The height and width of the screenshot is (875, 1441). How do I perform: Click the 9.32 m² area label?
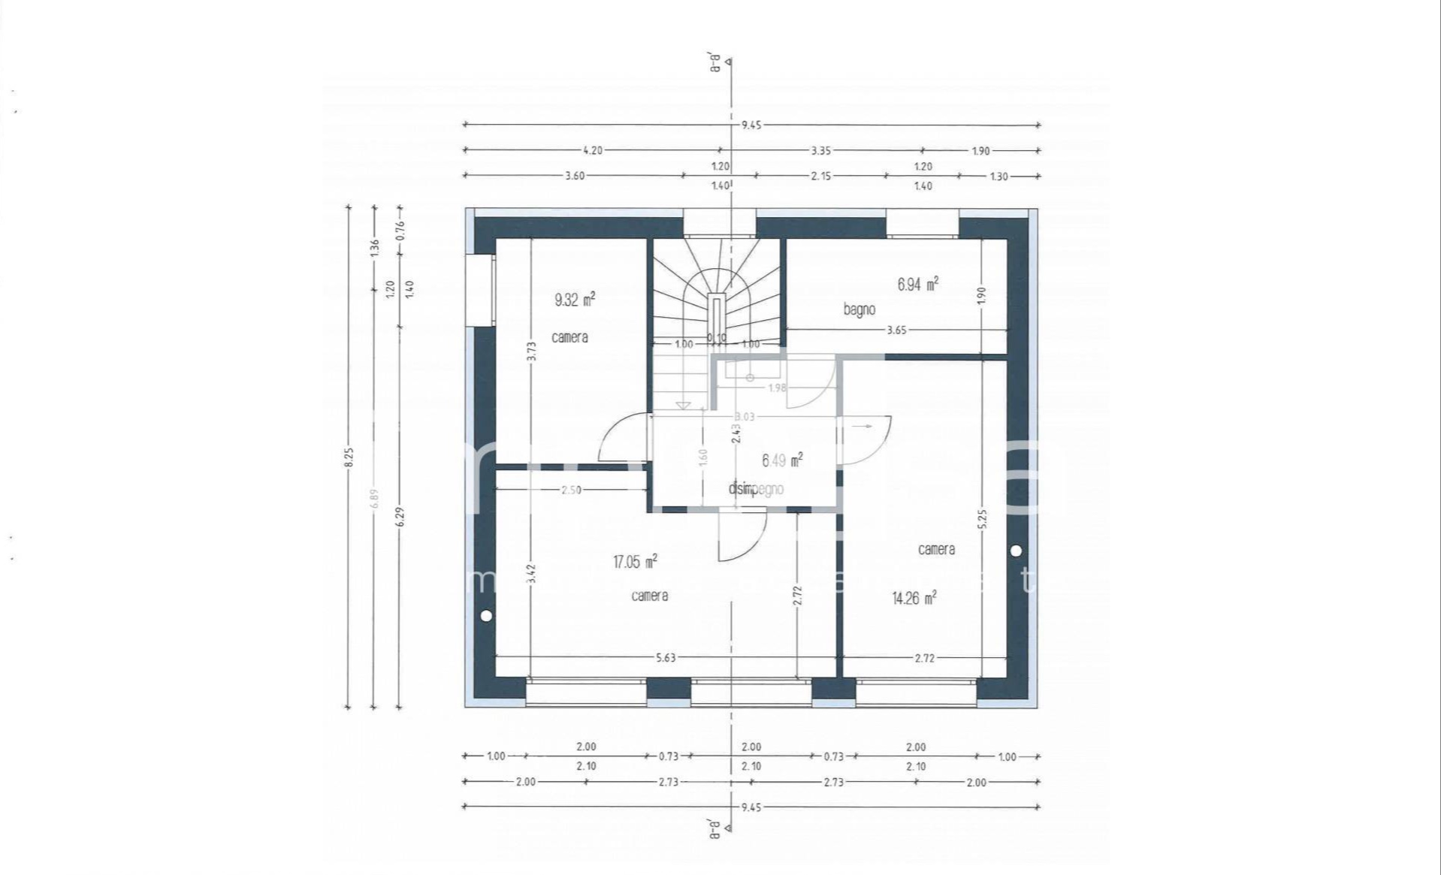[575, 300]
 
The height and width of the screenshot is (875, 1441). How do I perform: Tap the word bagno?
[859, 309]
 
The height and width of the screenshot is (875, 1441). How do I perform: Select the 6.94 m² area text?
[917, 285]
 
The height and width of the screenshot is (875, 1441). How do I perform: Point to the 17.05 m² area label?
[636, 562]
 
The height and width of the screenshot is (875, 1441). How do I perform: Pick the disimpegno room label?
[756, 489]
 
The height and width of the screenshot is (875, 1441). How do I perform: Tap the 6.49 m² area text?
[782, 460]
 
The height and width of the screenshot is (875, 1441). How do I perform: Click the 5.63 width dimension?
[666, 658]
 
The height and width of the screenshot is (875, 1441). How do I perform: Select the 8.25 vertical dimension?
[349, 457]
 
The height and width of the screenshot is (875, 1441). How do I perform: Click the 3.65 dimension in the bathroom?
[896, 330]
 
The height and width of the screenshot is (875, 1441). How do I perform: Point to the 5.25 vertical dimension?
[983, 519]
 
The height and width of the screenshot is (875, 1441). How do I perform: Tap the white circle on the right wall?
[1016, 551]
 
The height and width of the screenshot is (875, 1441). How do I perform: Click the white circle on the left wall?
[486, 616]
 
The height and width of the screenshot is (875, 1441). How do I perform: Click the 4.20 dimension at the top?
[592, 150]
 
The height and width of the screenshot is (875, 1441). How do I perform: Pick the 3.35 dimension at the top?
[820, 150]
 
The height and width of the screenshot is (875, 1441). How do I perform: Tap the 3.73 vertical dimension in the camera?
[531, 352]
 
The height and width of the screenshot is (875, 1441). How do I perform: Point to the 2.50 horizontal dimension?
[571, 490]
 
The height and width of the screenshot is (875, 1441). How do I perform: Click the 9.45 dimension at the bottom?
[751, 807]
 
